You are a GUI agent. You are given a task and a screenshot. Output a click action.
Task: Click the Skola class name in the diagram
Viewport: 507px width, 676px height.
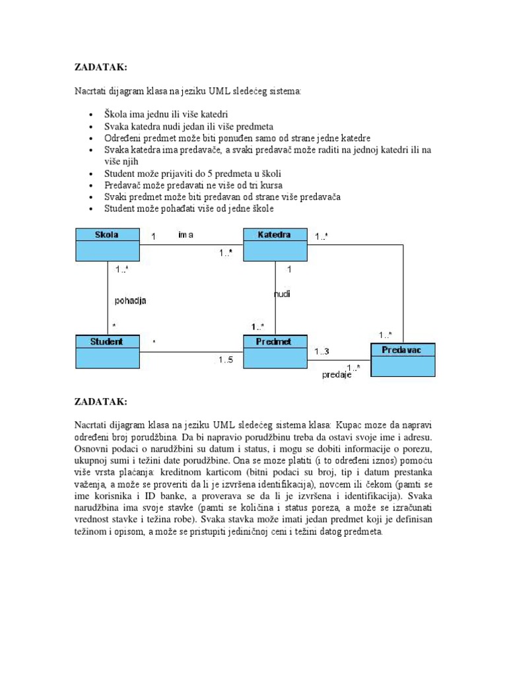coord(107,234)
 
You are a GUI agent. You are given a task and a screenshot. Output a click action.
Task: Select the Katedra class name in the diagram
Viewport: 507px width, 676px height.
coord(275,234)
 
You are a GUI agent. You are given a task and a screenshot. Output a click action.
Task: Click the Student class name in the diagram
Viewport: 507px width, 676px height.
coord(106,341)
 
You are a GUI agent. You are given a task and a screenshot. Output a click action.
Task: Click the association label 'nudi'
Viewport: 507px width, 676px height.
coord(283,294)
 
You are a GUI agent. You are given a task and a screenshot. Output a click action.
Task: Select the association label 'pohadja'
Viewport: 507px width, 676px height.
coord(130,300)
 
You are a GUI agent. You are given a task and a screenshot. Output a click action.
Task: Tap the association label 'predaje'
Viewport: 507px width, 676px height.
coord(336,375)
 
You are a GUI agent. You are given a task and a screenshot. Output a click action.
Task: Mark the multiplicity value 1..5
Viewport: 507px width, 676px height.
coord(226,360)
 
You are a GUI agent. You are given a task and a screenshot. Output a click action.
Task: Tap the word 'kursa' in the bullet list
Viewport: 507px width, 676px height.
coord(269,186)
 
